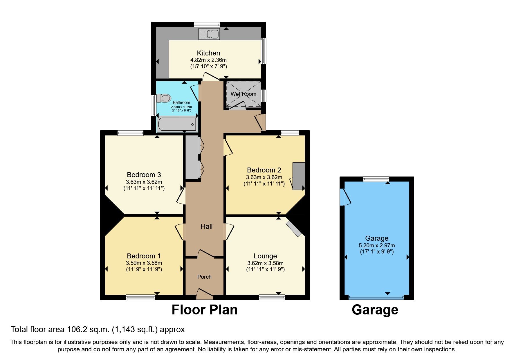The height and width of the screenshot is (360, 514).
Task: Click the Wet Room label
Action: point(243,94)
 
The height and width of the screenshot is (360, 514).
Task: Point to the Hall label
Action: point(206,226)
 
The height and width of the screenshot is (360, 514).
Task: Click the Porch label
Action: point(204,277)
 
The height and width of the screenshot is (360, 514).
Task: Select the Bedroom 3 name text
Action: point(144,175)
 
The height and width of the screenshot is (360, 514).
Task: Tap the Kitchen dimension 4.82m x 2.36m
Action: point(208,60)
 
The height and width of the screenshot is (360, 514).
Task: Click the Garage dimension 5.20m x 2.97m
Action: point(376,245)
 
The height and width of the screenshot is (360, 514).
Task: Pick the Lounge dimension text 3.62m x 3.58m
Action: point(265,263)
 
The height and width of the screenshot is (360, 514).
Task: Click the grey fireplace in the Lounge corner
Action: point(294,229)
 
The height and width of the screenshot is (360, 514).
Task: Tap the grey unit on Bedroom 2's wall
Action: point(298,176)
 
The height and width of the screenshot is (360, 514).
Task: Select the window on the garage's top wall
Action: point(376,179)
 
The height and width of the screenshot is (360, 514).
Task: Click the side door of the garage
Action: point(345,197)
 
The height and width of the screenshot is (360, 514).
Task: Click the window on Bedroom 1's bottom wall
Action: point(140,297)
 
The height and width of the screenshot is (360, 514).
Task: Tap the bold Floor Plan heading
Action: point(204,310)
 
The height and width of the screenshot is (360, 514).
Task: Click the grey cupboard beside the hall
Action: point(192,157)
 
